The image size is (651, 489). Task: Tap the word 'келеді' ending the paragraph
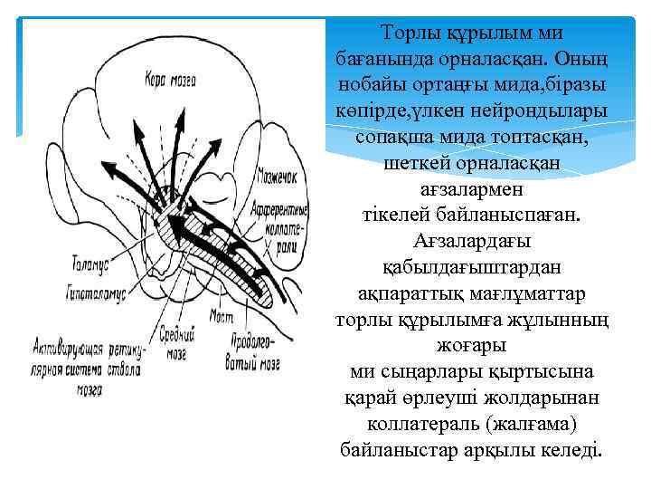pos(571,451)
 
